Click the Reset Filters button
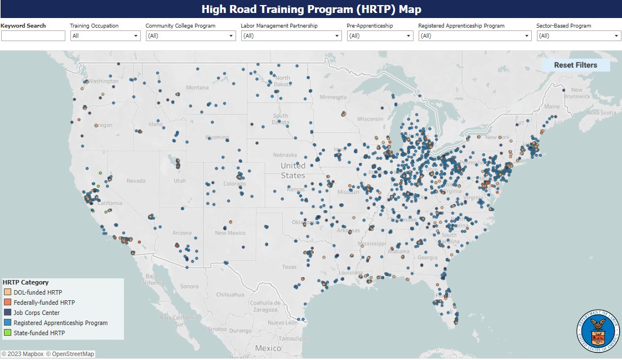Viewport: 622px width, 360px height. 575,65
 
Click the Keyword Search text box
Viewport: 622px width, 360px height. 33,36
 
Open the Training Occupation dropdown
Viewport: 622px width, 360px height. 105,36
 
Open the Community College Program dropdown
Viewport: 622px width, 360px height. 190,36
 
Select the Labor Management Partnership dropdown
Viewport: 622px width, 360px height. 291,36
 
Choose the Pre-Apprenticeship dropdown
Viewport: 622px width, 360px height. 380,36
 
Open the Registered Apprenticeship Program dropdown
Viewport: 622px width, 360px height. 474,36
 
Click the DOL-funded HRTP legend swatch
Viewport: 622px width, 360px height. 7,292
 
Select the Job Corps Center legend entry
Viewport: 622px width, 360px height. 36,313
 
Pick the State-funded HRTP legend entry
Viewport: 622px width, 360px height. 39,333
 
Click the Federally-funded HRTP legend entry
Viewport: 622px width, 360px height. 44,303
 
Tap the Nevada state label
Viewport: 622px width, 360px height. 136,181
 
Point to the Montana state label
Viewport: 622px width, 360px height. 197,87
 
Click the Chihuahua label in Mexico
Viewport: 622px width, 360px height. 229,294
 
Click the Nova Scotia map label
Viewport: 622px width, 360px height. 601,113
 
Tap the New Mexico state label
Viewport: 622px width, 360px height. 229,233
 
